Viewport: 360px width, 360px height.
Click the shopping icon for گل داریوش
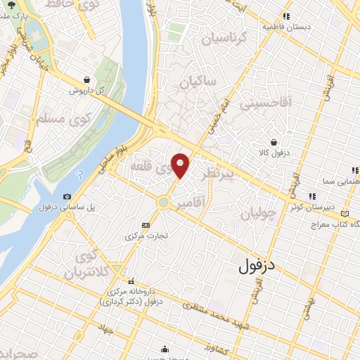point(86,79)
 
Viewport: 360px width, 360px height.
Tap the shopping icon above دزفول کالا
point(283,142)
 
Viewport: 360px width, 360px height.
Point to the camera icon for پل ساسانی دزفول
point(67,196)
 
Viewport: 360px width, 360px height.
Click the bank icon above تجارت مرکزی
point(146,225)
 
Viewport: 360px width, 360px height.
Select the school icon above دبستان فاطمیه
point(286,16)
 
